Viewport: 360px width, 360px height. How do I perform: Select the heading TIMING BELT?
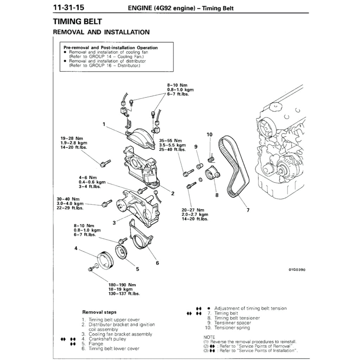(77, 22)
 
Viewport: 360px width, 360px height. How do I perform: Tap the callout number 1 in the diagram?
(104, 124)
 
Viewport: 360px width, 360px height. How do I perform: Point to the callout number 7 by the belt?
(248, 210)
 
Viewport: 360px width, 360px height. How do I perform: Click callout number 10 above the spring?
(210, 134)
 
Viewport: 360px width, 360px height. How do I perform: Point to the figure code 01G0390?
(297, 270)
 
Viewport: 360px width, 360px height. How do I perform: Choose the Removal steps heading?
(99, 312)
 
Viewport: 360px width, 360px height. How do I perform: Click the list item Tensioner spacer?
(233, 323)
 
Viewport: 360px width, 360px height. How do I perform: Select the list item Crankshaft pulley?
(107, 339)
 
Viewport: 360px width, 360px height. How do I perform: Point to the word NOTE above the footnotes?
(209, 337)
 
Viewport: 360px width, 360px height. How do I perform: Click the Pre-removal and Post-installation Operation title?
(110, 47)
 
